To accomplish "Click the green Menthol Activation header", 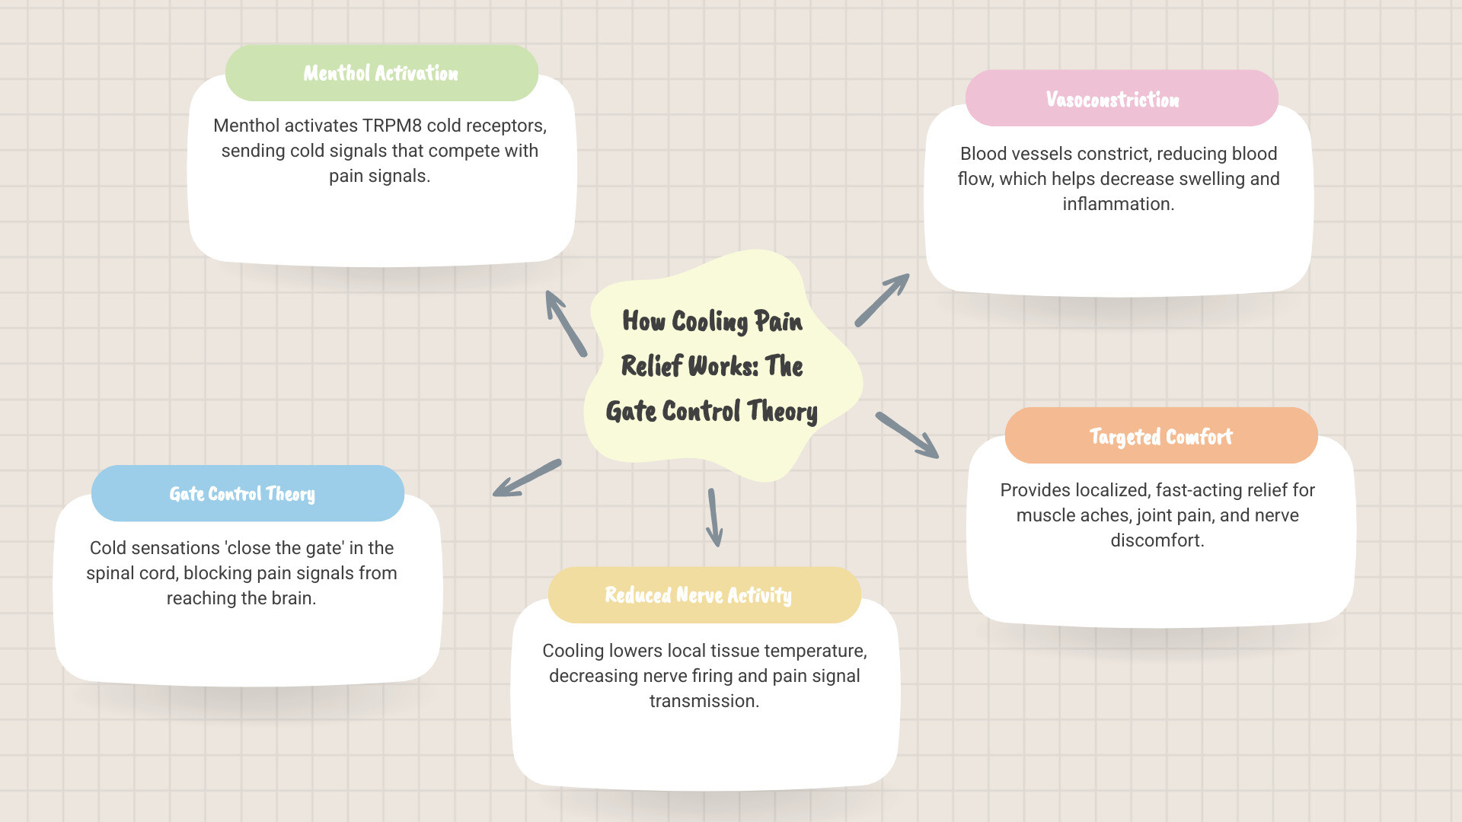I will [x=381, y=73].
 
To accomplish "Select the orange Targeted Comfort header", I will [x=1160, y=436].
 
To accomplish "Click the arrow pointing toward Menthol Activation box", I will [x=566, y=323].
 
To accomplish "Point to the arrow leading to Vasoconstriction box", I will [x=882, y=300].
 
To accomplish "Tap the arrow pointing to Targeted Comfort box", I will [x=907, y=435].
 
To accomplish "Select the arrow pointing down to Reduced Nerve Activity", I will [x=713, y=518].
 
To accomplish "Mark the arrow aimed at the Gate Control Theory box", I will [x=527, y=478].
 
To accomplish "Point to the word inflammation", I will [x=1118, y=204].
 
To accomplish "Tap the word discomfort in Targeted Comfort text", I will [x=1157, y=540].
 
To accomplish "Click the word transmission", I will [x=704, y=701].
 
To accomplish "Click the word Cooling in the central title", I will [x=710, y=321].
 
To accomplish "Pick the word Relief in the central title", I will [x=651, y=366].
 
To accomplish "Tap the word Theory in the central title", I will [x=782, y=412].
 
